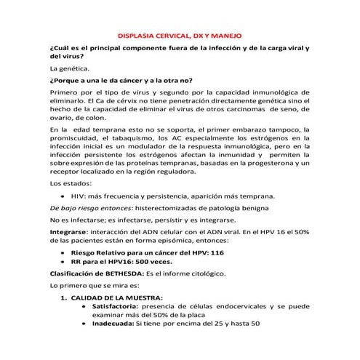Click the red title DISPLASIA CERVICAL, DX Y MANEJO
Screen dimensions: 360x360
[180, 36]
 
